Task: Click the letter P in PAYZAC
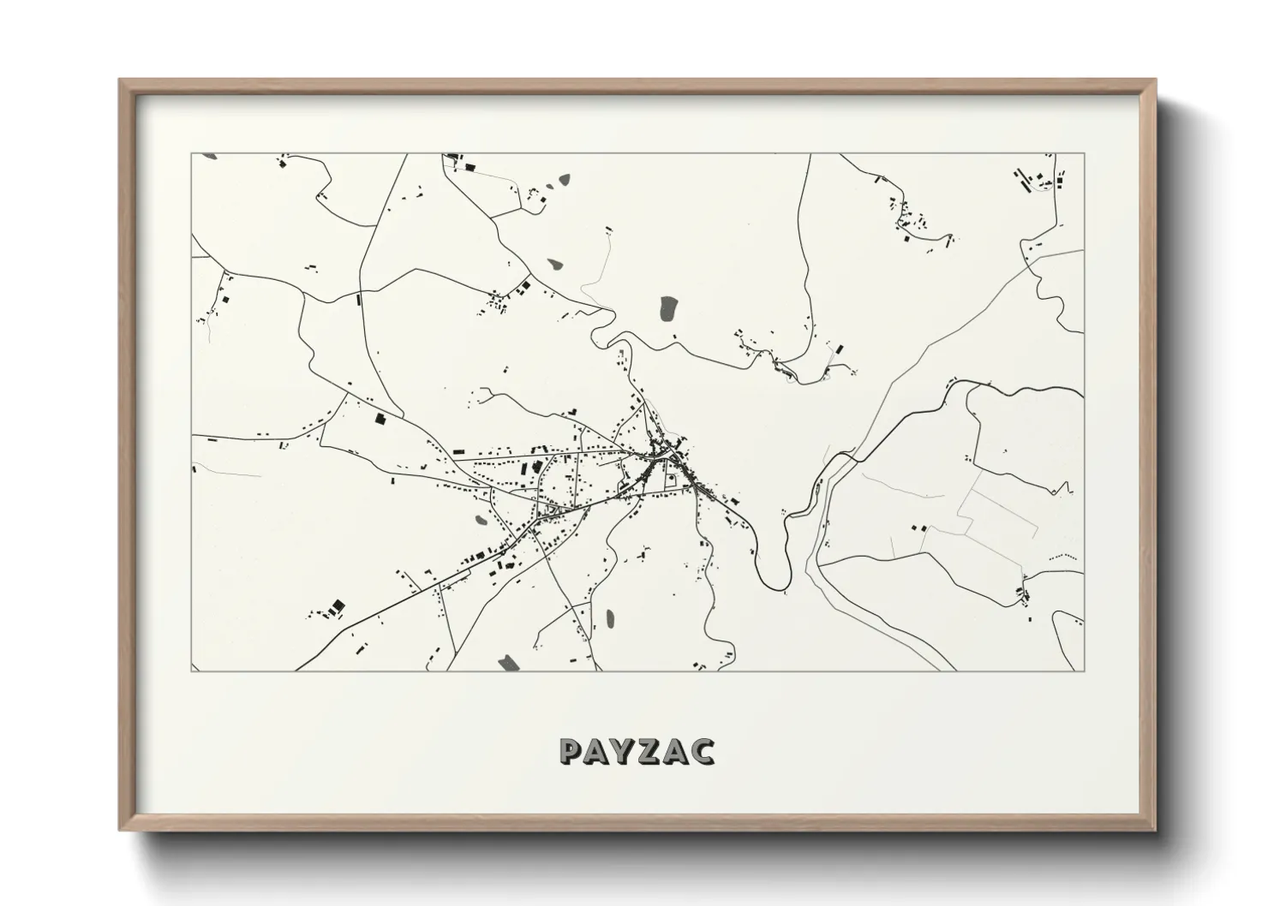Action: click(x=571, y=751)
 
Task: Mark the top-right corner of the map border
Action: click(x=1084, y=154)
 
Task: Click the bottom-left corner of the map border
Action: click(x=192, y=671)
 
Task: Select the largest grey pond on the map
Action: click(x=667, y=308)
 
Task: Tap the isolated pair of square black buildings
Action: click(x=336, y=606)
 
